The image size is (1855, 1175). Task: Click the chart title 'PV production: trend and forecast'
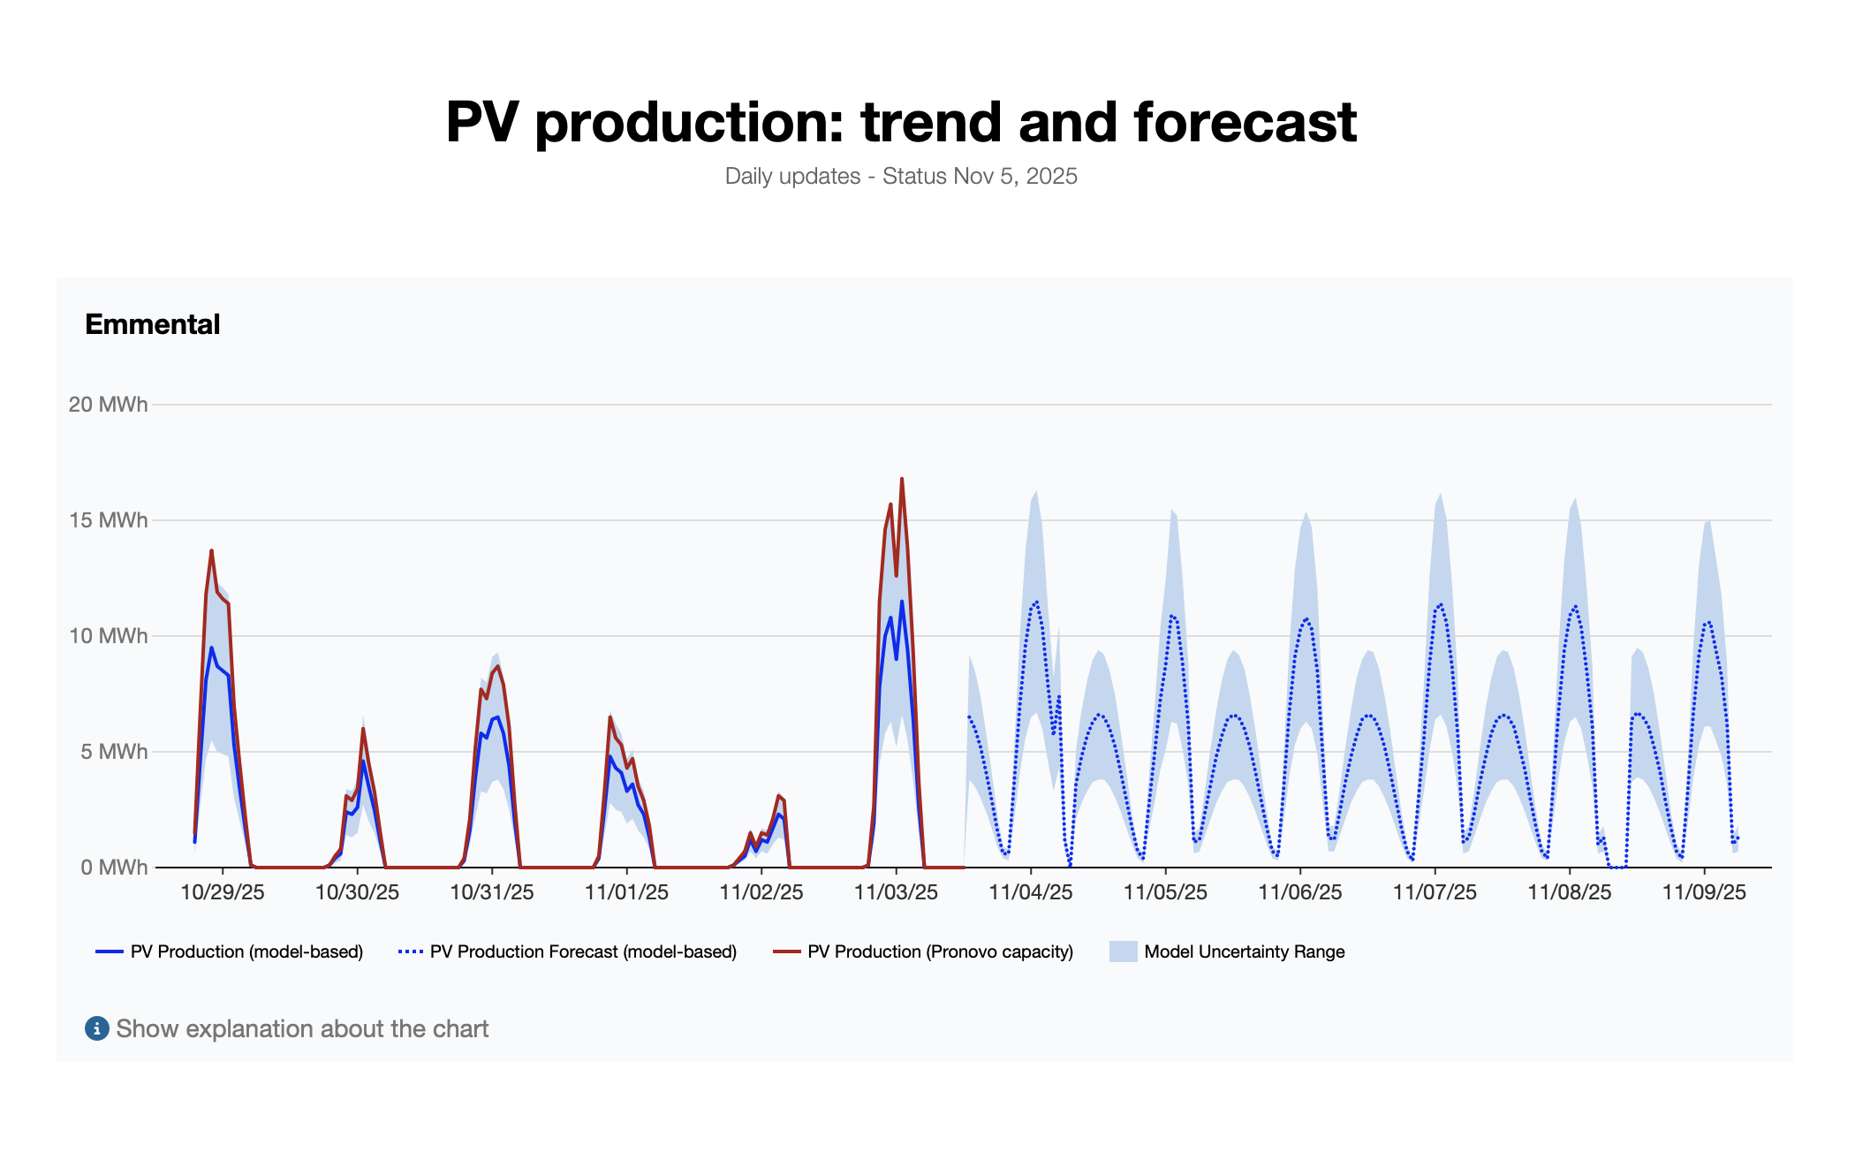point(901,122)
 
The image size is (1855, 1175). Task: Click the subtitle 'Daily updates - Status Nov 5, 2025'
point(901,176)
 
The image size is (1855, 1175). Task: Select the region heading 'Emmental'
point(152,324)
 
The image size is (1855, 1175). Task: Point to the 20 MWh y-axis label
point(108,405)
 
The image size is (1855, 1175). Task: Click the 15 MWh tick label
point(108,520)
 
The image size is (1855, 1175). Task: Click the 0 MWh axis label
point(113,868)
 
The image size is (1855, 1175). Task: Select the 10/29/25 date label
point(223,892)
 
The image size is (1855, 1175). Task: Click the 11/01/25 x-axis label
point(626,892)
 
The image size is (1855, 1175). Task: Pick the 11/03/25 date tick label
point(896,892)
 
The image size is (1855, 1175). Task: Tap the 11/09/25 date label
point(1704,892)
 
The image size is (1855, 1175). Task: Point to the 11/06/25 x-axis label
point(1300,892)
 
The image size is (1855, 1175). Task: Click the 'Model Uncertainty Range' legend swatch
point(1123,951)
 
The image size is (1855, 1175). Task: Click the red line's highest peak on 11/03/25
point(902,480)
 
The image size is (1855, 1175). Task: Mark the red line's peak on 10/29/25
point(211,551)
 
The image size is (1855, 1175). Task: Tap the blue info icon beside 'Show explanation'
point(96,1028)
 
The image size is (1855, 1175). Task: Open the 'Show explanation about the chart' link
point(302,1028)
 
